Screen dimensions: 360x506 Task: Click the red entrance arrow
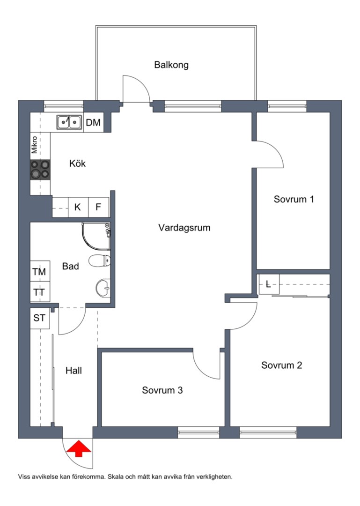pos(77,449)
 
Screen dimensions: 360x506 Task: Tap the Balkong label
pos(171,65)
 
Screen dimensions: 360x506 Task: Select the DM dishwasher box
pos(93,122)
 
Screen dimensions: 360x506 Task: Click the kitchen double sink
pos(69,122)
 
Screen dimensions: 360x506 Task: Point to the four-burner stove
pos(40,170)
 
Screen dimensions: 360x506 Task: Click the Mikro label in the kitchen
pos(35,145)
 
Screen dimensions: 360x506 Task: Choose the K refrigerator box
pos(77,207)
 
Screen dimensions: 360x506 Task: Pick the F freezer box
pos(98,207)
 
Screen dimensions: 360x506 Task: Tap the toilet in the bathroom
pos(99,261)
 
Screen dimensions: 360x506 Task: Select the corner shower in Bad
pos(96,237)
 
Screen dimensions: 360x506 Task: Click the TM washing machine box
pos(39,272)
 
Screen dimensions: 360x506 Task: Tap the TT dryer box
pos(39,292)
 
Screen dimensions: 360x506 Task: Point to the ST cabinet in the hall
pos(39,319)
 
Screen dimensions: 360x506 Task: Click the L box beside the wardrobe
pos(268,284)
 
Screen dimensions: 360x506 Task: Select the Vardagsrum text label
pos(184,228)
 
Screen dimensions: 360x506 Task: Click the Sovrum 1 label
pos(294,199)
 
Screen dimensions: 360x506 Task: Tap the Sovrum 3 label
pos(162,390)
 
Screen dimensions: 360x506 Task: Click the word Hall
pos(73,371)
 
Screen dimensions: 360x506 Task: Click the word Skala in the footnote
pos(115,476)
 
